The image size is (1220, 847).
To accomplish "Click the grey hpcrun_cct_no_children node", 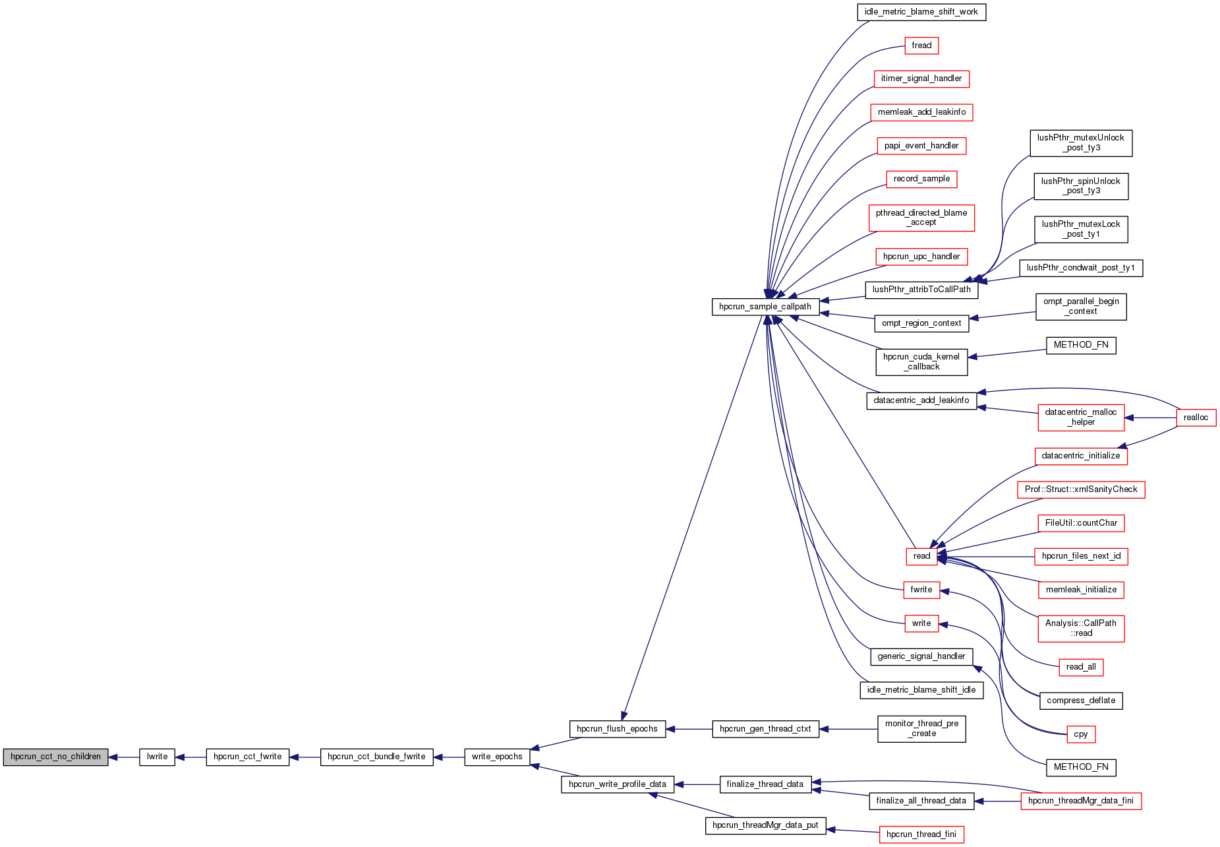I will click(55, 757).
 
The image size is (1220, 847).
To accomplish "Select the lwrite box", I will click(157, 757).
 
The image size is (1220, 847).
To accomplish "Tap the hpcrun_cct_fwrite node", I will click(247, 757).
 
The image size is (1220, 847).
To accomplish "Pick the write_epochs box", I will click(497, 757).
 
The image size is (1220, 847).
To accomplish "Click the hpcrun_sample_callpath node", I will click(765, 307).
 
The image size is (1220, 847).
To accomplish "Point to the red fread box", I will click(921, 46).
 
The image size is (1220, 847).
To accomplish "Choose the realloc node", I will click(1196, 418).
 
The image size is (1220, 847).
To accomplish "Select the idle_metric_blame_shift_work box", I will click(921, 12).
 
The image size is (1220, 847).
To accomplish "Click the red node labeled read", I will click(921, 556).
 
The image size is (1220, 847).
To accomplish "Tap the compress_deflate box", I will click(1081, 701).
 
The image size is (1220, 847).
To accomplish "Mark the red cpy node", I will click(1081, 734).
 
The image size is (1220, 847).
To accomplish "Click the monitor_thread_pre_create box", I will click(921, 728).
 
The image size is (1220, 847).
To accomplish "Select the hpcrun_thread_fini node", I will click(921, 834).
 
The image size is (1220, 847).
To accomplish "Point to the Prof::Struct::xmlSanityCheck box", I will click(1081, 489).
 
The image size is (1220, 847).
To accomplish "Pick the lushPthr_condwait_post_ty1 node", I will click(1081, 268).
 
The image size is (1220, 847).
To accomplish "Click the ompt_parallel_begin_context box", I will click(1081, 306).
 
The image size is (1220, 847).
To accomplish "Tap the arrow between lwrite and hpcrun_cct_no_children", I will click(124, 757).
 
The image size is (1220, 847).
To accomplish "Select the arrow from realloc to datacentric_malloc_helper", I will click(1151, 418).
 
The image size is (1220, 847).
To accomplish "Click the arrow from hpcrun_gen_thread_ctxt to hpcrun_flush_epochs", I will click(689, 729).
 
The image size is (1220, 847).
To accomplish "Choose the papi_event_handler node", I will click(921, 146).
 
